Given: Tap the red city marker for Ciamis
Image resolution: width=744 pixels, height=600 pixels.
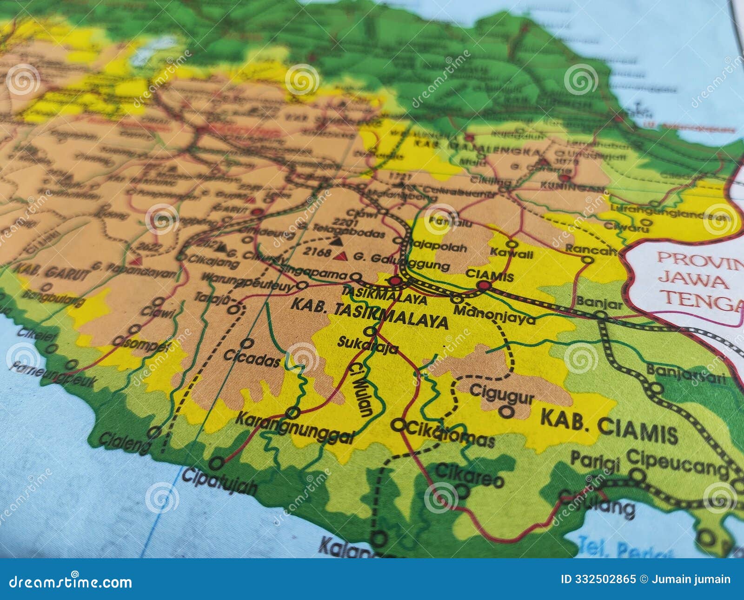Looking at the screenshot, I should point(484,286).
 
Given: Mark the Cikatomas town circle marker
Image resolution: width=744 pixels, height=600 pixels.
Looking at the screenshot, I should point(398,424).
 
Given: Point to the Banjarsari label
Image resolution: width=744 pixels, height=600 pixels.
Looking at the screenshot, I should point(685,373).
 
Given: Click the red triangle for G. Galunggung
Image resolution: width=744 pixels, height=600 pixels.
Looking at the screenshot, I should point(343,256).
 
